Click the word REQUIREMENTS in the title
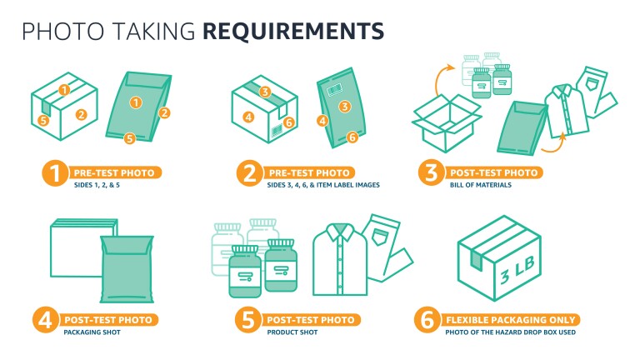point(294,31)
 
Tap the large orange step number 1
point(54,174)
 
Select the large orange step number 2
point(247,174)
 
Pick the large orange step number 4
point(45,321)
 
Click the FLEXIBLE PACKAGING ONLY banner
point(509,320)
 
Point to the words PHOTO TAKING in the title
point(108,31)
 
